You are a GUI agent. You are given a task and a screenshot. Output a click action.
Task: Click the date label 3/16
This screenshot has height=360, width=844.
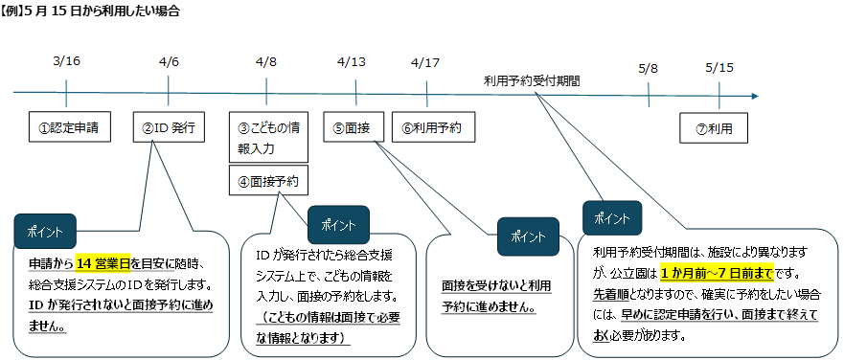pos(66,61)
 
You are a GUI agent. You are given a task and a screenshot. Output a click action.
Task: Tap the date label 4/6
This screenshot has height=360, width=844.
pos(169,61)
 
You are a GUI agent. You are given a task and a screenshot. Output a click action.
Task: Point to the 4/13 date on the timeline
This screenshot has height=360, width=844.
pos(352,61)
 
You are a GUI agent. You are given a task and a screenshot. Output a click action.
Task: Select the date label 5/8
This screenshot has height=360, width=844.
pos(648,68)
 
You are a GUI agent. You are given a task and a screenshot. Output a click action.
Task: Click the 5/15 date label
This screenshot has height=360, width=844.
pos(719,68)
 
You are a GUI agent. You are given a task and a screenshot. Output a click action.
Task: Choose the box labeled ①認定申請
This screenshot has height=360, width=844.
pos(67,126)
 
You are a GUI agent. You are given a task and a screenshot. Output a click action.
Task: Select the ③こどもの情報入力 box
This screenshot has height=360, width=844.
pos(268,138)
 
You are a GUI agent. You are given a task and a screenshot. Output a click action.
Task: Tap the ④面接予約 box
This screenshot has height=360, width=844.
pos(268,180)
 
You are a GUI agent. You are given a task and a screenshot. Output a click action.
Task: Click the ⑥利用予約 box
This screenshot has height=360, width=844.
pos(432,126)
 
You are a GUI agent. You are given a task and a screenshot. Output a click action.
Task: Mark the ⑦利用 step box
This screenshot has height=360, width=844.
pos(715,127)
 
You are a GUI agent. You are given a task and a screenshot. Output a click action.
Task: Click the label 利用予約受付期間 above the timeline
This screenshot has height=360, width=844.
pos(531,81)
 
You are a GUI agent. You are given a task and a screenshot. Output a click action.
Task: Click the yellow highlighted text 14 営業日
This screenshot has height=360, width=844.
pos(103,265)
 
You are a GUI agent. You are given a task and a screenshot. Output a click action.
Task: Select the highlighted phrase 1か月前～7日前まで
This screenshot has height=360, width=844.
pos(716,270)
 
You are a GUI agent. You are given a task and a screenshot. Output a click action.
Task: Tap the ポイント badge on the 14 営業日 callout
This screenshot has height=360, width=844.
pos(45,231)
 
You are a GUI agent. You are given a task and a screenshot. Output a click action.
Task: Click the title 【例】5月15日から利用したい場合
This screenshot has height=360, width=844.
pos(90,11)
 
